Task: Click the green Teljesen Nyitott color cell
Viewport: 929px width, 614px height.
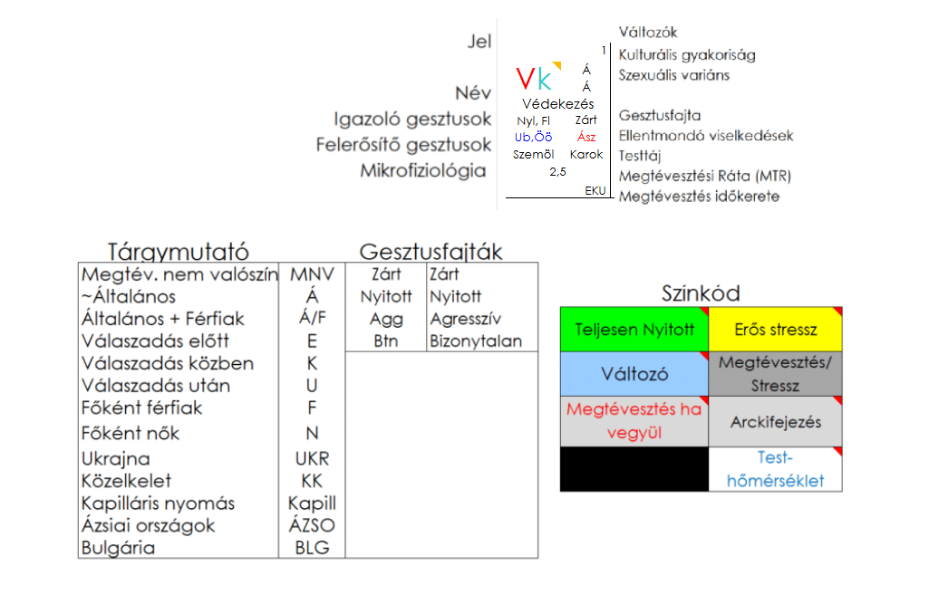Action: coord(634,329)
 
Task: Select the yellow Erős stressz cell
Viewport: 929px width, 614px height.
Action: coord(776,329)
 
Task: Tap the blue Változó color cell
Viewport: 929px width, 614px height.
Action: coord(634,373)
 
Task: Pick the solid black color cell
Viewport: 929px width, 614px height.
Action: coord(634,469)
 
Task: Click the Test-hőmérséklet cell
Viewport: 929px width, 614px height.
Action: coord(776,469)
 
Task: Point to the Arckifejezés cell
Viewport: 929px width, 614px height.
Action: coord(776,422)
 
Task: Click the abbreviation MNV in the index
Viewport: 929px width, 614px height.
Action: coord(312,274)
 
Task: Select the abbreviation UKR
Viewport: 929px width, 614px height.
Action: coord(312,458)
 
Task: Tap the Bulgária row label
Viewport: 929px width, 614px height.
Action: coord(118,548)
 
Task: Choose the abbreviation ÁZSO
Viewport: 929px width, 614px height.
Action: coord(312,525)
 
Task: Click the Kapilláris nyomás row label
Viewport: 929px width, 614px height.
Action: coord(158,504)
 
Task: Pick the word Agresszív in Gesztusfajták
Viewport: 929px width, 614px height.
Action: coord(465,319)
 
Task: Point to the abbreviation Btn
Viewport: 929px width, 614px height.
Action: coord(386,341)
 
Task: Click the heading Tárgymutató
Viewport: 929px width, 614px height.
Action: coord(178,252)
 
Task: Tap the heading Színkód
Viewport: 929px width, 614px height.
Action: coord(701,293)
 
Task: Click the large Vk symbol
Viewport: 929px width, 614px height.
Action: coord(533,80)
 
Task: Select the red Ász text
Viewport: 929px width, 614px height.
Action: coord(586,138)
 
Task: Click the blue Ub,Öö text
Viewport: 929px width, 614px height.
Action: coord(533,138)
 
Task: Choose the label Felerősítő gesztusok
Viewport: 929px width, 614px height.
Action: coord(403,145)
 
